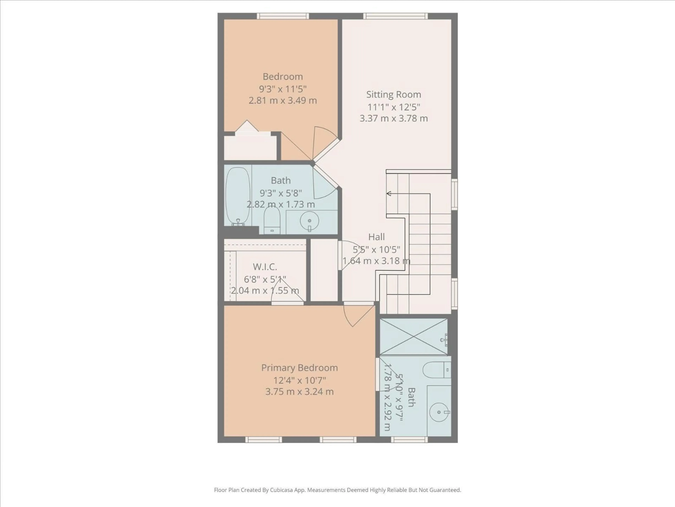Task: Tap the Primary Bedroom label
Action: click(x=299, y=368)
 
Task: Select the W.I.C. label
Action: click(x=265, y=267)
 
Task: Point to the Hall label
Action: click(x=376, y=237)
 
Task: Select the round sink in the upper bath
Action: click(x=309, y=221)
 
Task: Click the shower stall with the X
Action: click(x=413, y=337)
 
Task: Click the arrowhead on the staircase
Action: click(x=389, y=193)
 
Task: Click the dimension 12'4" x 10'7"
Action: click(x=299, y=380)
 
